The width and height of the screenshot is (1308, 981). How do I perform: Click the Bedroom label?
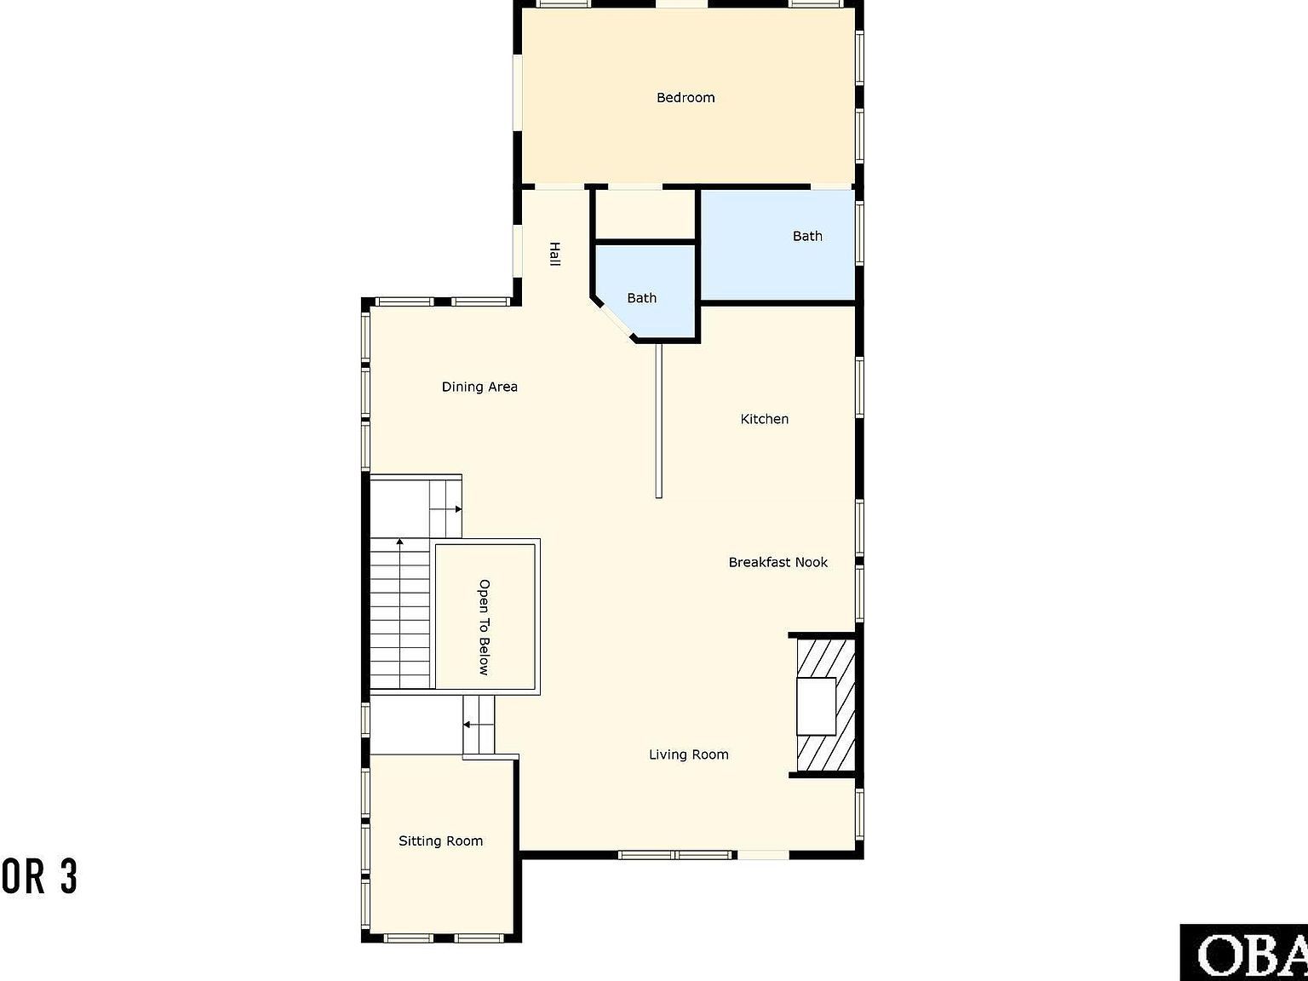click(686, 98)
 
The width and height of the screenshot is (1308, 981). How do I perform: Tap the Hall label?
click(554, 254)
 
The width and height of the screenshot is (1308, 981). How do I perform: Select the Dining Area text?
click(479, 387)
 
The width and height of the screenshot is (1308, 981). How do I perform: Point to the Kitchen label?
click(764, 419)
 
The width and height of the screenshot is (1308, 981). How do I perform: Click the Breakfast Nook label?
click(777, 562)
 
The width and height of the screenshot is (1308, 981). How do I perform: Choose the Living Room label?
click(688, 754)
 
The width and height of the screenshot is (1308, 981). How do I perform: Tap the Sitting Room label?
click(440, 841)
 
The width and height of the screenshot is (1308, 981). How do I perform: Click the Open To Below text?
click(484, 628)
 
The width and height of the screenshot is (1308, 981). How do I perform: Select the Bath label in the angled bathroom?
click(641, 298)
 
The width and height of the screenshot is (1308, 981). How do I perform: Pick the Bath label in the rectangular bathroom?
click(807, 236)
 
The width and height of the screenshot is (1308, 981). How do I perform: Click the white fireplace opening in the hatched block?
click(816, 706)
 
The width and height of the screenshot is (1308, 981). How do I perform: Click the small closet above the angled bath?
click(645, 215)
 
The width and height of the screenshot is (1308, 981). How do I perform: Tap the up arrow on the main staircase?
click(399, 542)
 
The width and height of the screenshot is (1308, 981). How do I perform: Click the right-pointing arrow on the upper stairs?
click(458, 509)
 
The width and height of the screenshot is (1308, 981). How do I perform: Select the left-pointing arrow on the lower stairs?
click(467, 725)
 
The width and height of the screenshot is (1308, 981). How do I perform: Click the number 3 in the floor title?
click(68, 877)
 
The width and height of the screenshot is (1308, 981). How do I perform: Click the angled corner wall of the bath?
click(613, 319)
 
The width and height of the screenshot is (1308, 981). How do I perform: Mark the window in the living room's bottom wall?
click(675, 854)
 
